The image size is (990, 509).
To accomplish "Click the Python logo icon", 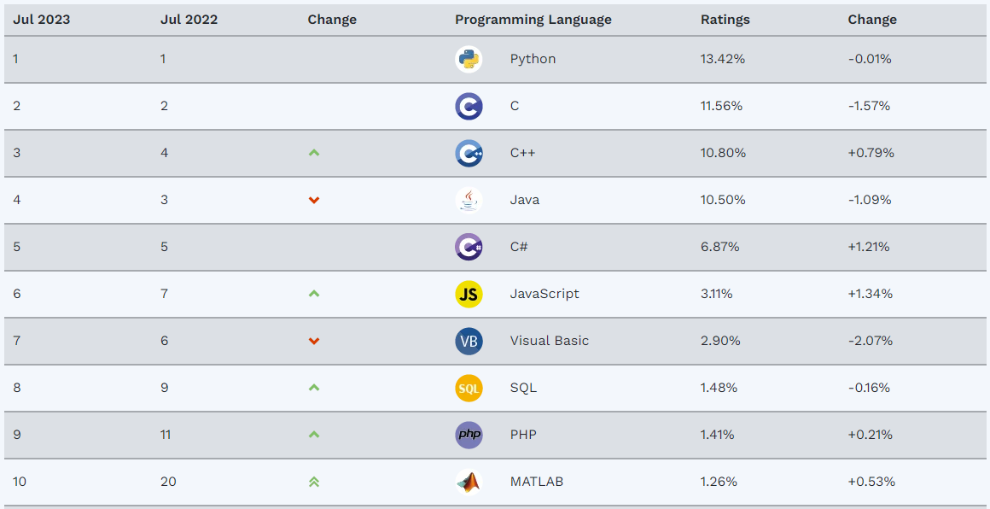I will point(469,59).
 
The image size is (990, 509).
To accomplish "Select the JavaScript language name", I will point(544,294).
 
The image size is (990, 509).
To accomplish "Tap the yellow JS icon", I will point(469,294).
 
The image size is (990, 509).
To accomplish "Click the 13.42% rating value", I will point(722,59).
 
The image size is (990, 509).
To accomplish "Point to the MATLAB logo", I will point(469,482).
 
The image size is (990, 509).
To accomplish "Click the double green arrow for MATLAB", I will point(314,482).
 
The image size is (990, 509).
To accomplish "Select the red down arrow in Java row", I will point(314,200).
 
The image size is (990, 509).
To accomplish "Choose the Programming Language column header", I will point(533,20).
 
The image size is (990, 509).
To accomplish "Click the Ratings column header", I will point(725,20).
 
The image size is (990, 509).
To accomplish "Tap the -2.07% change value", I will point(870,341).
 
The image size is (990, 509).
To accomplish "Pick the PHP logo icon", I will point(469,435).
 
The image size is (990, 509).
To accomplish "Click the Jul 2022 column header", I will point(189,20).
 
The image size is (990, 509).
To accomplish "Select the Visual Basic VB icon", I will point(469,341).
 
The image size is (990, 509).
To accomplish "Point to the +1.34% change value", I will point(870,294).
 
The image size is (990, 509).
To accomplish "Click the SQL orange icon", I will point(469,388).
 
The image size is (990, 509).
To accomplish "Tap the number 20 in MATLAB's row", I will point(168,482).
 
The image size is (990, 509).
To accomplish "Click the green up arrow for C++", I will point(314,153).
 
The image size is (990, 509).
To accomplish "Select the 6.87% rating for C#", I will point(719,247).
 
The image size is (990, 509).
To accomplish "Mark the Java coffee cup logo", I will point(469,200).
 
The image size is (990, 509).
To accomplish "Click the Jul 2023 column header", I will point(41,20).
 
